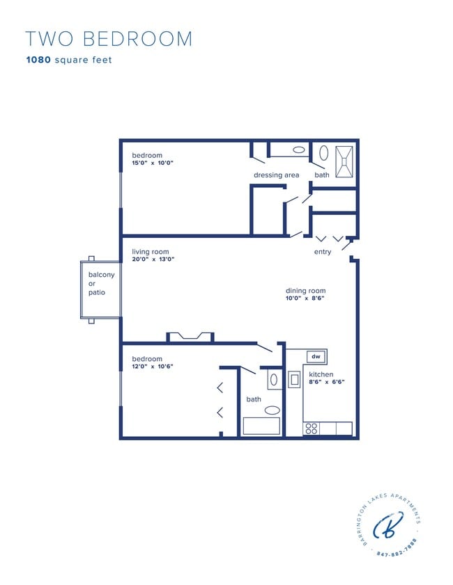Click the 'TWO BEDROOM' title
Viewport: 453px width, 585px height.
109,39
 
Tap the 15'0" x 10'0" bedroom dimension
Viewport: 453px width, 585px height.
153,163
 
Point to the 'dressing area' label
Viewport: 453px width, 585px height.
276,175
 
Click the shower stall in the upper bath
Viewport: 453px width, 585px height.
344,161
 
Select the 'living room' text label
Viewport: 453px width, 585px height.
151,252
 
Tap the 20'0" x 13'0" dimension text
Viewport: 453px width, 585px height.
153,259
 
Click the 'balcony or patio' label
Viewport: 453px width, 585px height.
101,283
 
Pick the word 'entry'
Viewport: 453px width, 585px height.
323,252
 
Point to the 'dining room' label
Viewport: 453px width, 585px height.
305,291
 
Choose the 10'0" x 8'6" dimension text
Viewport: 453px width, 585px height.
305,298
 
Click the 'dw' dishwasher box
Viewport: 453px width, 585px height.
316,357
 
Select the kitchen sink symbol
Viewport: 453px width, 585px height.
295,379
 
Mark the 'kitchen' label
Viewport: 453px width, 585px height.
321,374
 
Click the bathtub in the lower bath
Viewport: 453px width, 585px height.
261,426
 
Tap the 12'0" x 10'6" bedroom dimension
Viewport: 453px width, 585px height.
153,367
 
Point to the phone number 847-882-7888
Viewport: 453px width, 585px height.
397,549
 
